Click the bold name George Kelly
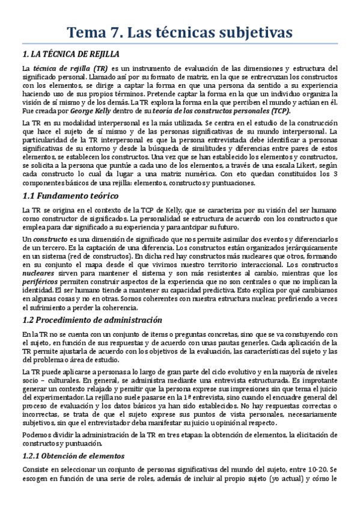point(91,111)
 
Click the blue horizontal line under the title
point(180,44)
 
